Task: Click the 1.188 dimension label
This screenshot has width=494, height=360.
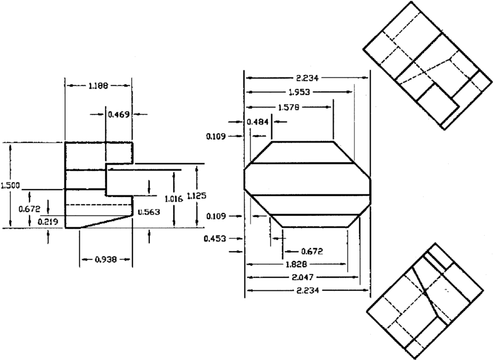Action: pyautogui.click(x=97, y=85)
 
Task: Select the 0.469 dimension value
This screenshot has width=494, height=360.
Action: pyautogui.click(x=119, y=114)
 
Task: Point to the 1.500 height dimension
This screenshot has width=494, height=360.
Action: pyautogui.click(x=10, y=186)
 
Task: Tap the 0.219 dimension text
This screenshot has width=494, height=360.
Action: pyautogui.click(x=48, y=222)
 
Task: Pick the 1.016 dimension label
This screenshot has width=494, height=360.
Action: pyautogui.click(x=173, y=198)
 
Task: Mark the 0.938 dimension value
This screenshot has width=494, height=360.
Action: pyautogui.click(x=105, y=259)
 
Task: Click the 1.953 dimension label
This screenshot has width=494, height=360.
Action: pyautogui.click(x=299, y=92)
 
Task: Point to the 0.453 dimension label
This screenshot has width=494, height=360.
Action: pyautogui.click(x=216, y=238)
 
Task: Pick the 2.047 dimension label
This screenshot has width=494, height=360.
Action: pyautogui.click(x=305, y=277)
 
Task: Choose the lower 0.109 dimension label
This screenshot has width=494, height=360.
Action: pyautogui.click(x=216, y=216)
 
